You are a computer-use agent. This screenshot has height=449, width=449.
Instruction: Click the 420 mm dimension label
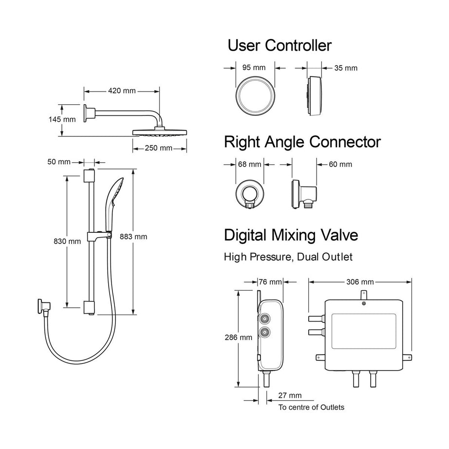coord(122,91)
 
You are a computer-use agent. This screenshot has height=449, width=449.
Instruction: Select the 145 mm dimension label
coord(62,119)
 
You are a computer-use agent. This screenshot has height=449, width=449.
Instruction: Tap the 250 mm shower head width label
coord(159,148)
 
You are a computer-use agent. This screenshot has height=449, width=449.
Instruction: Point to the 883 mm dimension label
coord(133,237)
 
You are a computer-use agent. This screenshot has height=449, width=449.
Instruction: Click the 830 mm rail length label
coord(67,241)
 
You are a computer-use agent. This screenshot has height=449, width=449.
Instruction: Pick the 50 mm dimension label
coord(61,162)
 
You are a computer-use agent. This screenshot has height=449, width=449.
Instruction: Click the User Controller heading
coord(280,46)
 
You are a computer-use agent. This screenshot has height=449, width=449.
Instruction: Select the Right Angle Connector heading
coord(302,142)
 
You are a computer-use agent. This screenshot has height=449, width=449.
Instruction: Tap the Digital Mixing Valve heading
coord(291,235)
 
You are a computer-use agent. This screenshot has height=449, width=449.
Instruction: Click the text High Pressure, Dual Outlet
coord(288,256)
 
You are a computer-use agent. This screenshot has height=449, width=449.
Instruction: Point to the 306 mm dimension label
coord(359,281)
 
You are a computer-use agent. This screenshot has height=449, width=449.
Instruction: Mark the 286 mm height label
coord(239,337)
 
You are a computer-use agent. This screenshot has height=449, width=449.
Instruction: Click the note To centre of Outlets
coord(311,407)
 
